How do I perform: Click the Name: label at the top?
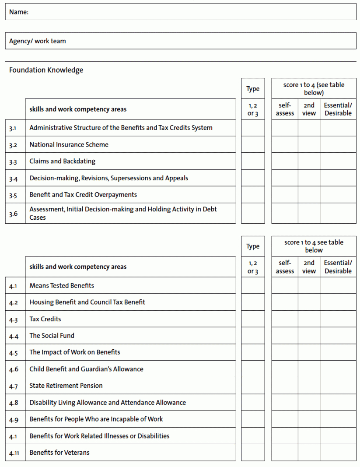click(x=19, y=12)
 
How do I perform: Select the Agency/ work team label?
click(x=38, y=41)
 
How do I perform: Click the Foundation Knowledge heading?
click(x=46, y=70)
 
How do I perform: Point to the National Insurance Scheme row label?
click(x=69, y=144)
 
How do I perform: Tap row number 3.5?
click(x=13, y=195)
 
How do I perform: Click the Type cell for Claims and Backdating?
click(x=252, y=161)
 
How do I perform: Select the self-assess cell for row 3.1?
click(x=284, y=128)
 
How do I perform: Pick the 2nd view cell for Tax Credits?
click(x=309, y=319)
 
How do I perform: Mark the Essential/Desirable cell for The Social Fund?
click(x=338, y=336)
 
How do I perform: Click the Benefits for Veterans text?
click(x=59, y=453)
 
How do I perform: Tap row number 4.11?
click(x=14, y=453)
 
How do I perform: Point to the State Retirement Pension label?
click(x=66, y=386)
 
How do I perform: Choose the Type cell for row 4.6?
click(x=252, y=369)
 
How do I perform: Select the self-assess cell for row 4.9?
click(x=284, y=419)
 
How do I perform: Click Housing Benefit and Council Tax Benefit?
click(x=87, y=302)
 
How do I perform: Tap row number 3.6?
click(x=13, y=214)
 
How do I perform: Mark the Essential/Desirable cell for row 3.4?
click(x=338, y=178)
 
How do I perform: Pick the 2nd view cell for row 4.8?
click(x=309, y=403)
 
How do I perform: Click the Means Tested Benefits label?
click(x=62, y=285)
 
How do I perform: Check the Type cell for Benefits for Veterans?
click(x=252, y=453)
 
